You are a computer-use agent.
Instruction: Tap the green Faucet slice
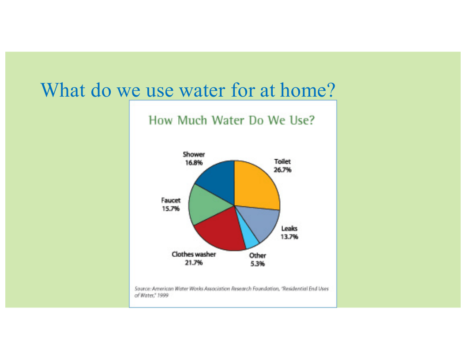[205, 204]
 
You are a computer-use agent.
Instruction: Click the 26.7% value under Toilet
[282, 170]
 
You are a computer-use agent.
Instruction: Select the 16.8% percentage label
[194, 163]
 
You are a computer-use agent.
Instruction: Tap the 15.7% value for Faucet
[171, 209]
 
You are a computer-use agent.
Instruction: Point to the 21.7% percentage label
[194, 262]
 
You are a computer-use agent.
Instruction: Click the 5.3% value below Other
[257, 264]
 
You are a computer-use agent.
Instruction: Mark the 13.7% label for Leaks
[289, 237]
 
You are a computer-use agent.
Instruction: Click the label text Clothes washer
[194, 254]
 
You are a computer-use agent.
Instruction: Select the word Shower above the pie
[194, 154]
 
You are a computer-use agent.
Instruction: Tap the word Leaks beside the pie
[289, 229]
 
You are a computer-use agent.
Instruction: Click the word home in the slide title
[308, 90]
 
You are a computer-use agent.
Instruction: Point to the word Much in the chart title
[192, 120]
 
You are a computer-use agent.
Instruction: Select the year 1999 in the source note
[163, 295]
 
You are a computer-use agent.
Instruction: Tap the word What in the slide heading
[63, 90]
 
